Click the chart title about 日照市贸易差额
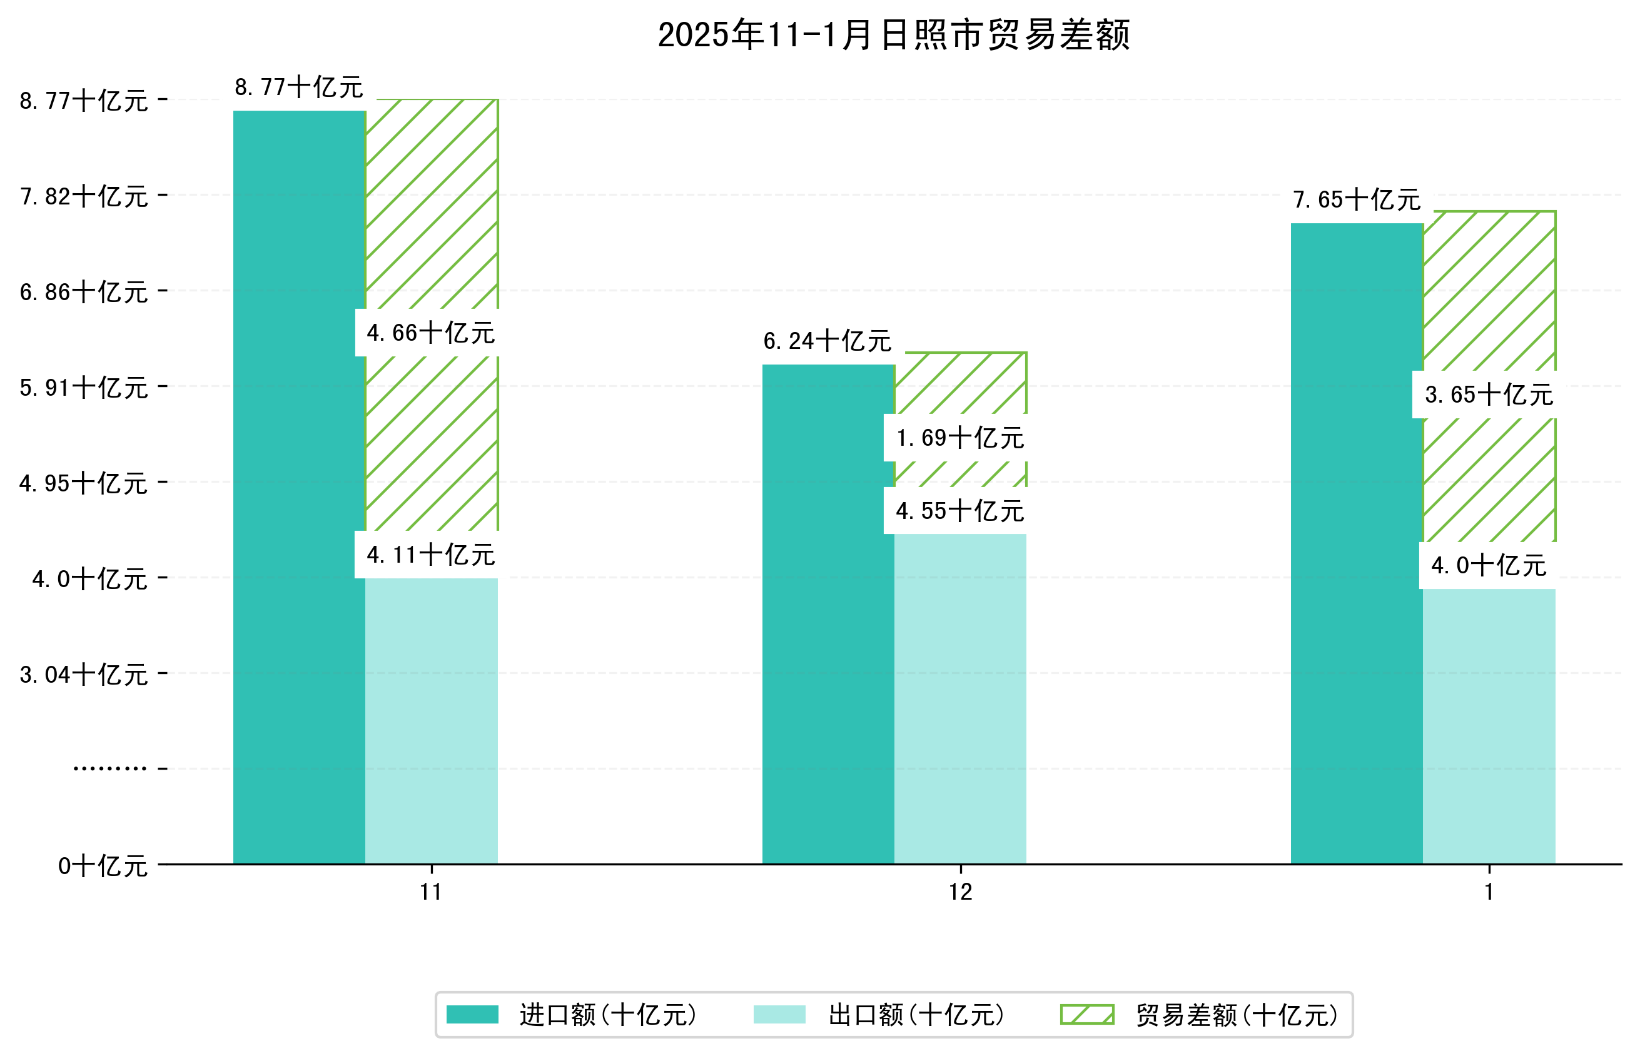coord(893,35)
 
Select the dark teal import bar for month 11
coord(299,487)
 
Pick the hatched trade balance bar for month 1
coord(1489,309)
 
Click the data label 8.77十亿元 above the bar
coord(298,88)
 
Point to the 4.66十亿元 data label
coord(430,333)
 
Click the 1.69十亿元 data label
coord(959,438)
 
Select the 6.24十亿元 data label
coord(828,341)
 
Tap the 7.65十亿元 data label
coord(1356,199)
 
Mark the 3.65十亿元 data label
coord(1489,395)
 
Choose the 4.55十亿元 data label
coord(959,511)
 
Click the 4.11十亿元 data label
coord(430,555)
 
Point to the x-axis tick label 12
coord(959,892)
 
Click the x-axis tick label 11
coord(431,892)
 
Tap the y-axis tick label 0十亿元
coord(102,866)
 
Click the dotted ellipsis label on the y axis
coord(109,768)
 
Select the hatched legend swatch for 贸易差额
coord(1086,1015)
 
